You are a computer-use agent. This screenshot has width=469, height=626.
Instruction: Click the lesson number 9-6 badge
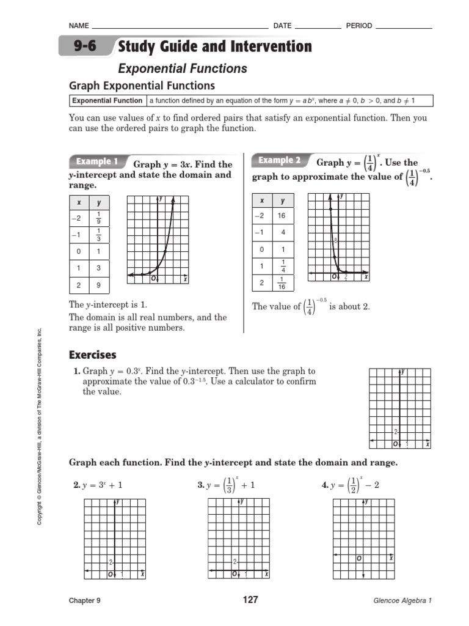pos(85,46)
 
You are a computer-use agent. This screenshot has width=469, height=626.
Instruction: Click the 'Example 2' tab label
pos(279,160)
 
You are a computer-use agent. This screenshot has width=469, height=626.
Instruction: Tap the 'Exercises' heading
pos(92,355)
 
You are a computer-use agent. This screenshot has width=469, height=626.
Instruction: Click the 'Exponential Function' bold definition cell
pos(107,101)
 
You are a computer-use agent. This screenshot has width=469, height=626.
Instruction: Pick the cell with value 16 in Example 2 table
pos(282,216)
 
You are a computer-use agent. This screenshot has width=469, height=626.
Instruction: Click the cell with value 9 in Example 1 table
pos(98,284)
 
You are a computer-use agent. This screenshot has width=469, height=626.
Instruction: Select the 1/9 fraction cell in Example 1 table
pos(98,218)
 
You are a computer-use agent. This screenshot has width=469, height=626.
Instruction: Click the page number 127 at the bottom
pos(250,600)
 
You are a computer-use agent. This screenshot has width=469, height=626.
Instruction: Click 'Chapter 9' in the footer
pos(84,600)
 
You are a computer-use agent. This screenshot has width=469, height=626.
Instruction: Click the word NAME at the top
pos(79,26)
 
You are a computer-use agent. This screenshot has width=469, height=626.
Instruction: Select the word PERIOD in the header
pos(359,26)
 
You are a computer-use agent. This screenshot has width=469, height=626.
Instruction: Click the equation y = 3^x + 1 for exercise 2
pos(101,485)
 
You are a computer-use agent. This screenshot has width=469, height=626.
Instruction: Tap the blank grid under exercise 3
pos(239,538)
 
